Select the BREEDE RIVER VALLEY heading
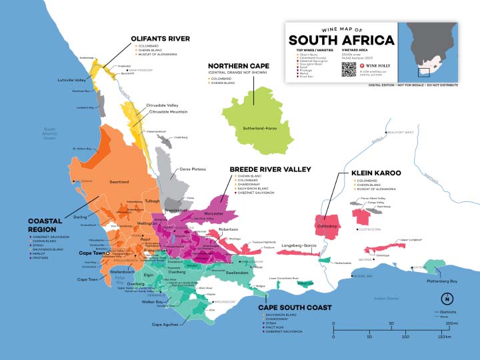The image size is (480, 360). tap(270, 169)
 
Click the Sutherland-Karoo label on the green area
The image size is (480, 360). tap(260, 126)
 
